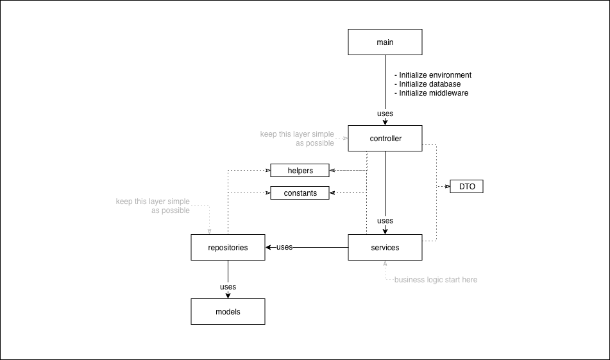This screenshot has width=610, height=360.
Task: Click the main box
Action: (385, 42)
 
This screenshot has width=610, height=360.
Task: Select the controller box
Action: (385, 139)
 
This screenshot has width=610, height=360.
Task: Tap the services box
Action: (385, 248)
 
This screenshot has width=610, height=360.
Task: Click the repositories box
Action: (228, 248)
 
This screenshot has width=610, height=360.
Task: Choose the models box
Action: (228, 312)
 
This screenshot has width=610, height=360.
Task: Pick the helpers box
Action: (300, 171)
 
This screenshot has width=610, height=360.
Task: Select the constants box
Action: (300, 193)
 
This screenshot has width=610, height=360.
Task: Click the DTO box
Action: (466, 187)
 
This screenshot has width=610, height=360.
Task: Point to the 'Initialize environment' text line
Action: (433, 75)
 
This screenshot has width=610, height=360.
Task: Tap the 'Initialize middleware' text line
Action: (431, 93)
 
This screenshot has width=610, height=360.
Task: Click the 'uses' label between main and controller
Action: (385, 114)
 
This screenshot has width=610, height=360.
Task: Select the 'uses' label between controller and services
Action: (385, 221)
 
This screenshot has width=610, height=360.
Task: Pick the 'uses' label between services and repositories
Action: (284, 247)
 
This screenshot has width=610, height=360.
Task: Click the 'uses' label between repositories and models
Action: (228, 287)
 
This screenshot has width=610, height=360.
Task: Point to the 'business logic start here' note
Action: (436, 280)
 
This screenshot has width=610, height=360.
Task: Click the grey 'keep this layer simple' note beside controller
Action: (297, 139)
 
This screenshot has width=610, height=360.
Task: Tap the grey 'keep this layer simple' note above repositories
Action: (153, 206)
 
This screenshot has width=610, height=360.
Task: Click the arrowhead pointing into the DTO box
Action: (447, 187)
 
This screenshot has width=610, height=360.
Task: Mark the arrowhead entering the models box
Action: (228, 296)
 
